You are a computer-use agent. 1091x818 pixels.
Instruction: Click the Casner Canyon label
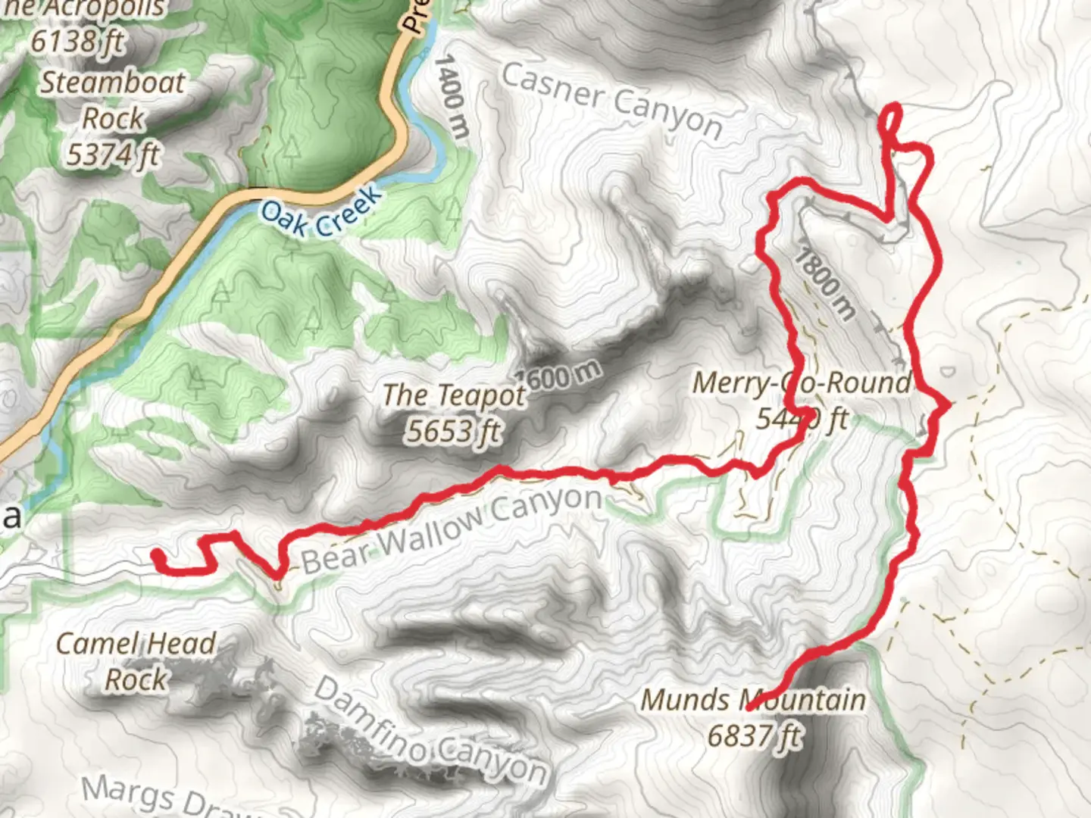tap(611, 101)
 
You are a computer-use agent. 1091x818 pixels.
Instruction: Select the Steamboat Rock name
tap(112, 100)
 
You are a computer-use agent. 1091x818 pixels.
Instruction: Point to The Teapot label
tap(453, 395)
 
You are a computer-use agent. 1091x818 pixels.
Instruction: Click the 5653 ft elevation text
tap(453, 431)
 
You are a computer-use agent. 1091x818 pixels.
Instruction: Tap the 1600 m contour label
tap(559, 374)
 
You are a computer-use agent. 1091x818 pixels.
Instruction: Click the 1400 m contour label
tap(452, 95)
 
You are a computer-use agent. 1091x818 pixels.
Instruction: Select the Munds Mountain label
tap(753, 700)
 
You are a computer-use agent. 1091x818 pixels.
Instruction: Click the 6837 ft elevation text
tap(753, 735)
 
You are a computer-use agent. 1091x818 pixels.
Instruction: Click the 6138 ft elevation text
tap(77, 41)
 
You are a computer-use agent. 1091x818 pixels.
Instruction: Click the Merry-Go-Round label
tap(802, 383)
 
